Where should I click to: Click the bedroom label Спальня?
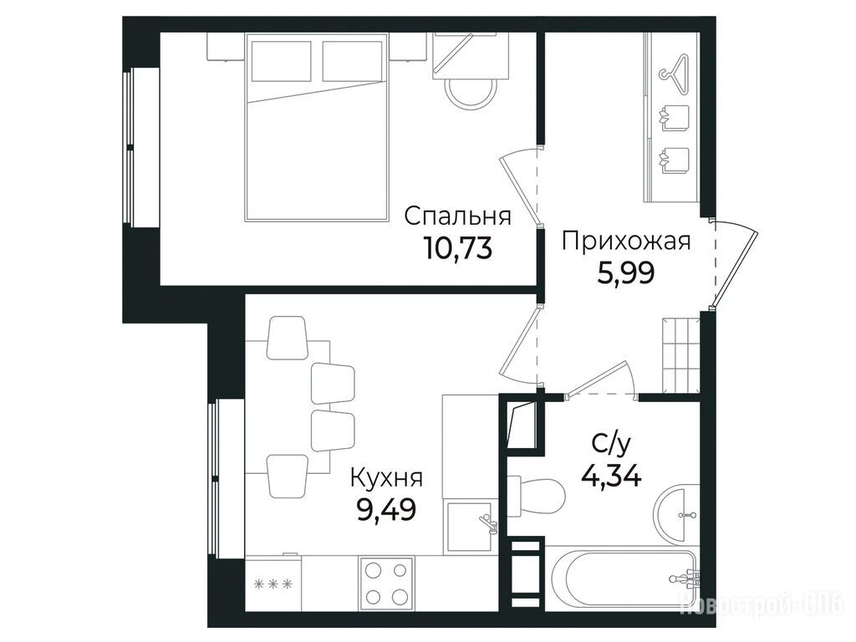(458, 217)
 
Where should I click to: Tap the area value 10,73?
(457, 247)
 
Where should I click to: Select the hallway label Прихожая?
(626, 241)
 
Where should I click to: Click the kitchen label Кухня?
(386, 478)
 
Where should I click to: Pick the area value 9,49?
(386, 509)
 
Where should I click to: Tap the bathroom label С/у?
(611, 445)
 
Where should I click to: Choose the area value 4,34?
(611, 476)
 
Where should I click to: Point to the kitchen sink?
(471, 527)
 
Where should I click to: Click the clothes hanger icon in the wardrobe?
(675, 69)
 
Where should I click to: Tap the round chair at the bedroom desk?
(471, 94)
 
